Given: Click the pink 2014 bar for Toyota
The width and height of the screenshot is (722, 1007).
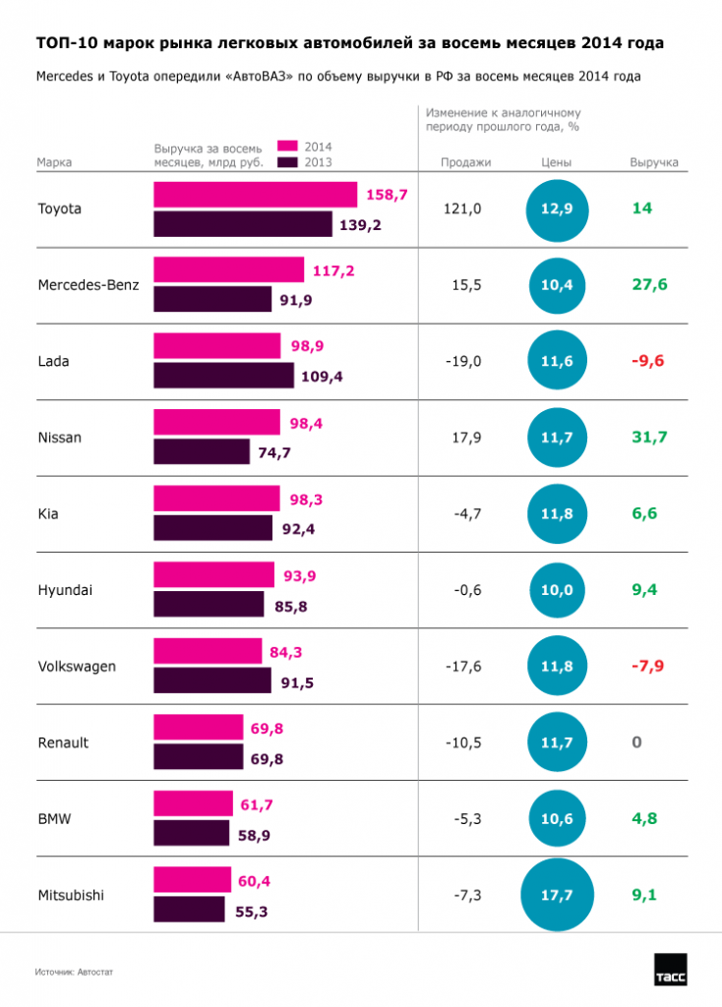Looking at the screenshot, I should [255, 195].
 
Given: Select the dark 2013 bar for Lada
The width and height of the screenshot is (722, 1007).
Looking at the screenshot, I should [223, 376].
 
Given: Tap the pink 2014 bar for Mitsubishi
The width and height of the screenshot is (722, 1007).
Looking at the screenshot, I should [192, 879].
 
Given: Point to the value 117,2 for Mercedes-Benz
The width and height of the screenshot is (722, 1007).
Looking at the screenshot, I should [333, 270].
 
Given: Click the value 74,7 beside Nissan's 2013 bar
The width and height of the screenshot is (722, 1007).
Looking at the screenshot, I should [274, 453].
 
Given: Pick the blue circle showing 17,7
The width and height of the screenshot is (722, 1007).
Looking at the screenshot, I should [556, 895].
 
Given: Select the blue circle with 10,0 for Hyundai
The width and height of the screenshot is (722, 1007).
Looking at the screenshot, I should [556, 590].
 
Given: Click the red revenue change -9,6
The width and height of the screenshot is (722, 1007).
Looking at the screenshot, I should [648, 361].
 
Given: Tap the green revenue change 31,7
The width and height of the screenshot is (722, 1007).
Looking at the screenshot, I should [649, 437].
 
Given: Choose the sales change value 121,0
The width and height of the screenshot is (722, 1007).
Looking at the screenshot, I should [465, 209].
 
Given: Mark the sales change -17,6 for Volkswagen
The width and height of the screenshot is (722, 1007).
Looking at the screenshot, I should [463, 667].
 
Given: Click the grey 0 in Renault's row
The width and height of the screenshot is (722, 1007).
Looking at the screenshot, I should [636, 742].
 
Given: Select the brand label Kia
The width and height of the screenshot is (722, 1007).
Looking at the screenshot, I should [47, 513].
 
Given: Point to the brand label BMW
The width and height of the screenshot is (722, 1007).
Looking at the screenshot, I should [53, 818].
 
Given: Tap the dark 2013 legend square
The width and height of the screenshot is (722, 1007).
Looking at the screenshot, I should [287, 162].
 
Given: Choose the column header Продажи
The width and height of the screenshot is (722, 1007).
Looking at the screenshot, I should [464, 162].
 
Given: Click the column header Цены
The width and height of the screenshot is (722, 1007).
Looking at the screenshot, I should [556, 162].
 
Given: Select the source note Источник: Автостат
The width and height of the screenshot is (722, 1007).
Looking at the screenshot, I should [75, 972].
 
